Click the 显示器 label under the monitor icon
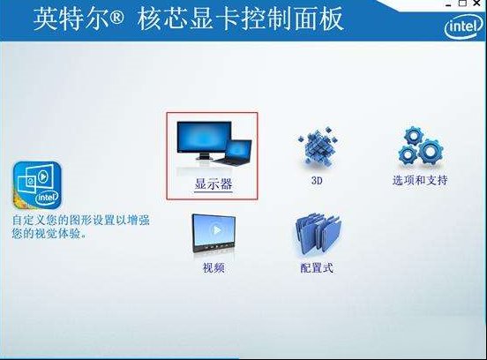tap(214, 184)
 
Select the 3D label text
tap(317, 181)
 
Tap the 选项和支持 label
tap(420, 180)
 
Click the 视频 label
tap(214, 267)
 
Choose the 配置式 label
tap(317, 267)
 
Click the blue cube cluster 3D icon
tap(318, 145)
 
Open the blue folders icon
tap(318, 234)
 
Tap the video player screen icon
tap(214, 234)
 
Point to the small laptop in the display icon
tap(235, 152)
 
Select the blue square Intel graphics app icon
tap(37, 185)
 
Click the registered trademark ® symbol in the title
tap(116, 19)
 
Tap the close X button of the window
tap(477, 4)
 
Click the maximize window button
tap(463, 4)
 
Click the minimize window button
tap(448, 4)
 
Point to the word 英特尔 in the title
tap(71, 19)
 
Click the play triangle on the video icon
tap(217, 230)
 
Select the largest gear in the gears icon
tap(431, 151)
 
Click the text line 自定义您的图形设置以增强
tap(81, 220)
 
